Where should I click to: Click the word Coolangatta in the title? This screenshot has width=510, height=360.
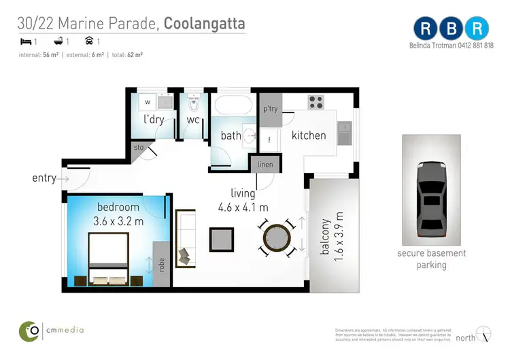(x=205, y=24)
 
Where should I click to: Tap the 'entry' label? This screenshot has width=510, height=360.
(x=44, y=178)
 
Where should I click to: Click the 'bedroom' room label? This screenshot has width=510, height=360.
(x=118, y=207)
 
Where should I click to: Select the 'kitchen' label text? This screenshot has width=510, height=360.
(x=309, y=135)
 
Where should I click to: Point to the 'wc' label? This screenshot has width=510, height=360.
(x=193, y=120)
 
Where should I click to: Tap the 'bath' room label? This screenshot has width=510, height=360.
(x=231, y=135)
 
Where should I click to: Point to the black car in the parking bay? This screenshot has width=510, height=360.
(x=431, y=197)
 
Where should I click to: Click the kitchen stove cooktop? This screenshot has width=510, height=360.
(x=316, y=102)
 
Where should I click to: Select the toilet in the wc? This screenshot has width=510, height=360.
(x=193, y=103)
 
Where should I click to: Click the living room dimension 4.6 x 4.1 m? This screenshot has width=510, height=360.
(x=243, y=208)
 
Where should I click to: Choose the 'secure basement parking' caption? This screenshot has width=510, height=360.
(x=432, y=259)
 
